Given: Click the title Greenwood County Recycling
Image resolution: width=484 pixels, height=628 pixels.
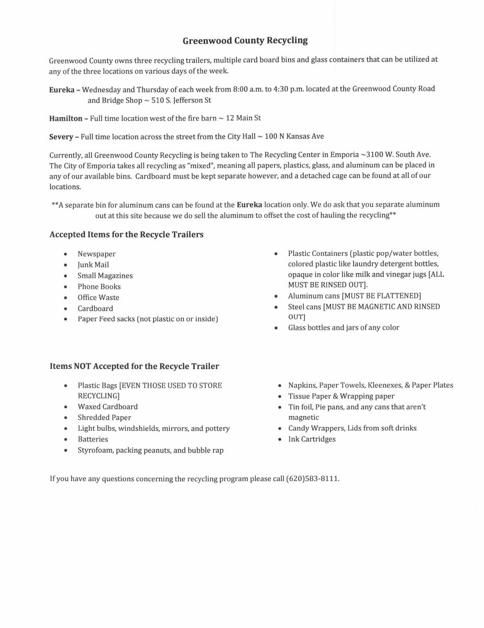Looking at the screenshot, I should (245, 40).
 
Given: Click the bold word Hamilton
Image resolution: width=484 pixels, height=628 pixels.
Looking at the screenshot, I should (65, 119).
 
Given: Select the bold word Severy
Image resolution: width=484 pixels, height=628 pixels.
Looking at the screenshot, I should (61, 137).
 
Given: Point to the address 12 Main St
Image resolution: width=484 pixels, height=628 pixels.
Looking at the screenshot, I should (243, 118).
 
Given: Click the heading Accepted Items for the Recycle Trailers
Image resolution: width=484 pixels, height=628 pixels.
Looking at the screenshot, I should (126, 234).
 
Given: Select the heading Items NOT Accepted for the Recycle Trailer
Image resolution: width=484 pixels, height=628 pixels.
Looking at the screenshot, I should (134, 366).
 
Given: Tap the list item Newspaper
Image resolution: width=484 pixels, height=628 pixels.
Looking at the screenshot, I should (96, 254).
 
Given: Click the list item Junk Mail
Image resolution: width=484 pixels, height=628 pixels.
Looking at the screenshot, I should (93, 265).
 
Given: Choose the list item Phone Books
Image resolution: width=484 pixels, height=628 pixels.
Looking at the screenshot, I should (99, 287).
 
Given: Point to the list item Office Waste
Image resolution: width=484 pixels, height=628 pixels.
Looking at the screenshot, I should (98, 297).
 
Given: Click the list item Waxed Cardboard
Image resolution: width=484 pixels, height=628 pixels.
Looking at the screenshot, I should (108, 407).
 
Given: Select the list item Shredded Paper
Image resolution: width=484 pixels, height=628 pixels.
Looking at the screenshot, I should (104, 418).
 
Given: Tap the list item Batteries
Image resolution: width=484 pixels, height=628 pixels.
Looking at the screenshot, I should (93, 439).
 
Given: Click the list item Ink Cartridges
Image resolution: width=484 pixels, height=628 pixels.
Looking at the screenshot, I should (312, 439).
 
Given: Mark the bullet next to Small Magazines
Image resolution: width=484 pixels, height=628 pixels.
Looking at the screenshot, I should (65, 276).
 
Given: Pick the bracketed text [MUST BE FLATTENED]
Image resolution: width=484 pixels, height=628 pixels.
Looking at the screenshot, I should (381, 296).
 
